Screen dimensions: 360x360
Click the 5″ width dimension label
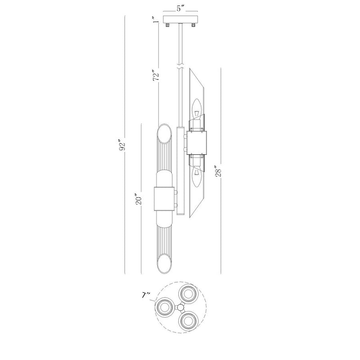(x=180, y=9)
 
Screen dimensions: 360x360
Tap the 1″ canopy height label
(x=155, y=20)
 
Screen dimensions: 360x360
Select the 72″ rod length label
(x=156, y=75)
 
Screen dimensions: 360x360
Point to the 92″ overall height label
(x=122, y=144)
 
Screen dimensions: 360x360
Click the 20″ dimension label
(x=139, y=199)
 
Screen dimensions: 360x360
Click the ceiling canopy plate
(x=180, y=19)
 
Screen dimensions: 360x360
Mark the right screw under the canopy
(x=193, y=24)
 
